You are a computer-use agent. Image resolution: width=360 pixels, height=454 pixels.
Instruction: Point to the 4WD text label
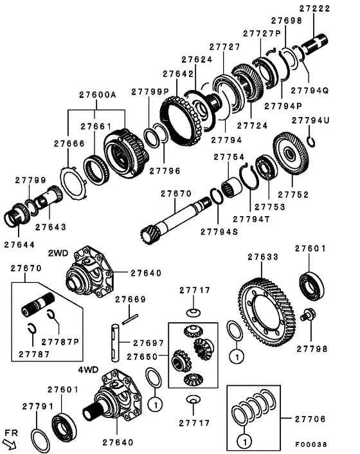(89, 370)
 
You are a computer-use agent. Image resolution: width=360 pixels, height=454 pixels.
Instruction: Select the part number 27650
(142, 356)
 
